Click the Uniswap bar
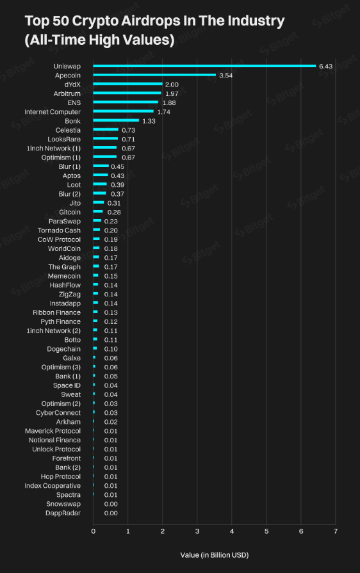pos(204,66)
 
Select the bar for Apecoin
pos(154,75)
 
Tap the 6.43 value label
pos(325,66)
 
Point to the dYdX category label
pos(72,85)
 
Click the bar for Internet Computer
pos(124,111)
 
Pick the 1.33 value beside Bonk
pos(149,121)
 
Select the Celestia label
pos(68,130)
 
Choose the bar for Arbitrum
pos(127,93)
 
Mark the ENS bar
pos(126,102)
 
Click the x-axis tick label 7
pos(336,531)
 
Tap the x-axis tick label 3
pos(197,531)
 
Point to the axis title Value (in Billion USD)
pos(215,554)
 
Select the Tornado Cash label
pos(59,230)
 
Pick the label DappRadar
pos(63,513)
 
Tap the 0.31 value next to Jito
pos(114,203)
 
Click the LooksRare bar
pos(106,139)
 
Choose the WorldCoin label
pos(64,248)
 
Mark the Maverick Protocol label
pos(53,431)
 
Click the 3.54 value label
pos(226,76)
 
